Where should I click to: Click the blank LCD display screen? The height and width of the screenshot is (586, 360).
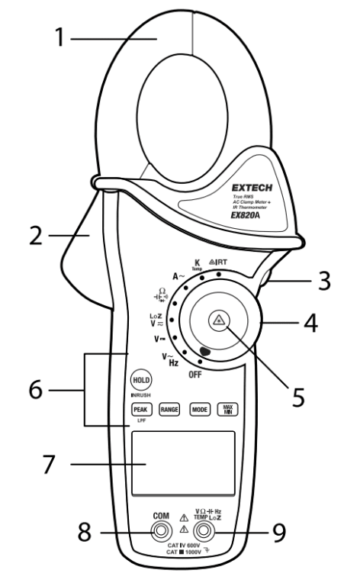click(x=182, y=465)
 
